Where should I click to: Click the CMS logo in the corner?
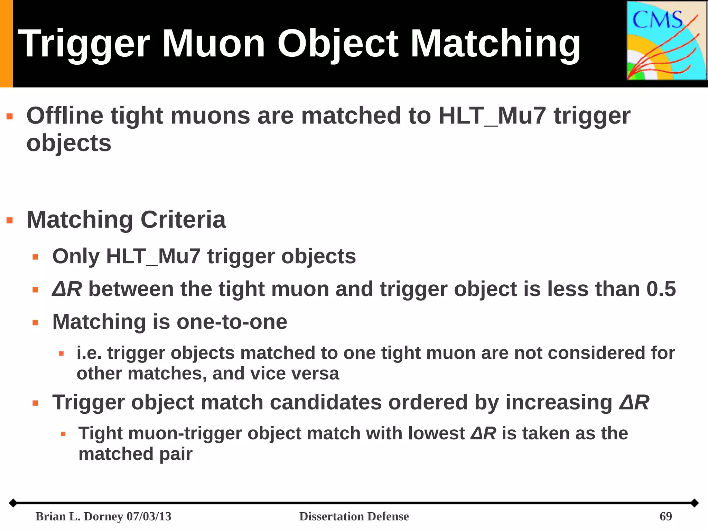tap(666, 41)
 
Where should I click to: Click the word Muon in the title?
tap(213, 44)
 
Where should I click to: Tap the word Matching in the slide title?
tap(495, 44)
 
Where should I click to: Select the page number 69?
tap(665, 516)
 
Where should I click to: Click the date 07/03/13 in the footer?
tap(149, 516)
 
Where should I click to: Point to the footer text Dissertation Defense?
tap(354, 516)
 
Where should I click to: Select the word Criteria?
tap(183, 220)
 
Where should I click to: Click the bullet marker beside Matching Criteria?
tap(10, 220)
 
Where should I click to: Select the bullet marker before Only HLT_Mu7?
tap(35, 257)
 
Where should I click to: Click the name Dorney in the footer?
tap(103, 516)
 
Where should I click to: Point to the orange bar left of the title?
tap(6, 44)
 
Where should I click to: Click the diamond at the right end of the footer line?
tap(695, 503)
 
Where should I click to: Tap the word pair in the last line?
tap(175, 454)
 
